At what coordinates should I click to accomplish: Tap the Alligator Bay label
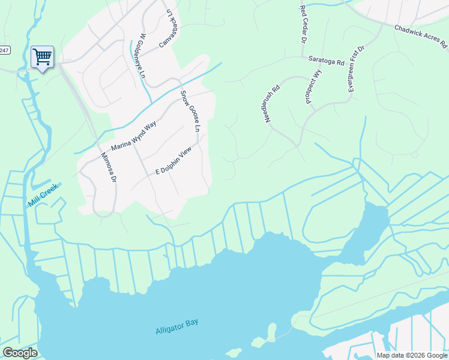[x=176, y=326]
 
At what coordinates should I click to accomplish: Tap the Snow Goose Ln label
[x=190, y=111]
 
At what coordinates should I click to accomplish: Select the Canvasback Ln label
[x=169, y=28]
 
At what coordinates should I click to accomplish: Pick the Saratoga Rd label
[x=326, y=61]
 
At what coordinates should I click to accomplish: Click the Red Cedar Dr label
[x=303, y=23]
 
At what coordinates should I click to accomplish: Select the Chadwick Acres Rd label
[x=421, y=36]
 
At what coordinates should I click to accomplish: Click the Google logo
[x=20, y=352]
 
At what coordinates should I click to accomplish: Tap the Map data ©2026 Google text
[x=411, y=355]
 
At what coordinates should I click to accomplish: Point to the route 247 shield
[x=5, y=50]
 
